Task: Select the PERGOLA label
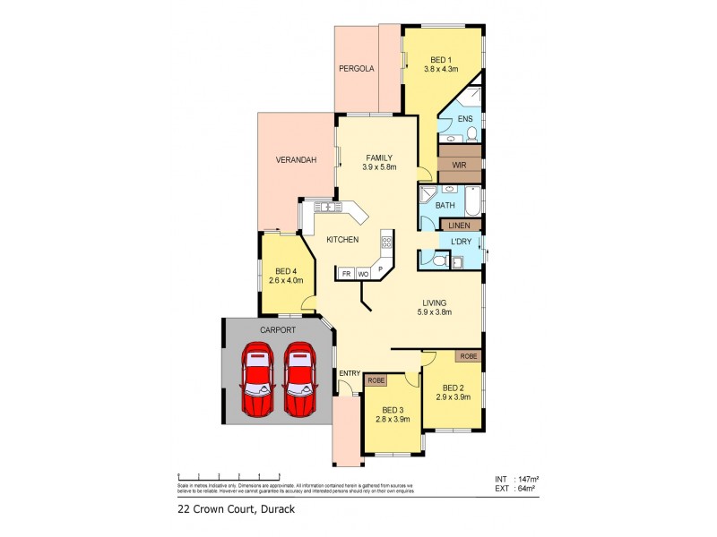pos(356,69)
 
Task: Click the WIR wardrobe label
pos(459,166)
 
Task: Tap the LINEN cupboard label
pos(459,226)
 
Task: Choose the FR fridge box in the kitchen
pos(345,274)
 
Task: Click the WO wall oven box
pos(364,274)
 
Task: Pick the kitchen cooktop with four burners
pos(387,242)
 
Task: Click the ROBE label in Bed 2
pos(468,356)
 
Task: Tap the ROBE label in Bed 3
pos(376,379)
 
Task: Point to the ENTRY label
pos(349,373)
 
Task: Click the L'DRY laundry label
pos(462,242)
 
